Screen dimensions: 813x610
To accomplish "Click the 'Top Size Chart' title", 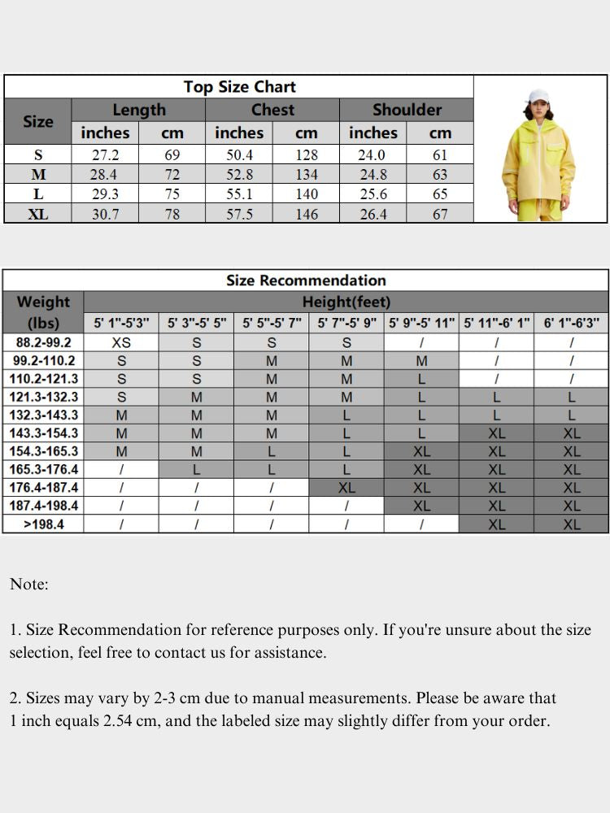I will click(239, 87).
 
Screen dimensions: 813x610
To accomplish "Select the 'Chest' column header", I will click(272, 110).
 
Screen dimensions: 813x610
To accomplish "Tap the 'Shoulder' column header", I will click(407, 110).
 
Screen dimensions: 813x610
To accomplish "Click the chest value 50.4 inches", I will click(239, 154).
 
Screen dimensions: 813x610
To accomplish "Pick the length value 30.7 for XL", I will click(105, 214).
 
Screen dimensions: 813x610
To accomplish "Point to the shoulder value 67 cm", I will click(440, 214).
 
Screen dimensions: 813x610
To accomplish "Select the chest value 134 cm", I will click(306, 174).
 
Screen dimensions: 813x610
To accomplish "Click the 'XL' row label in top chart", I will click(38, 214).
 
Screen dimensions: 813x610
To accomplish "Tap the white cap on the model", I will click(538, 97).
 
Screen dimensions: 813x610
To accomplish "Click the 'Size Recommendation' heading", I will click(306, 280).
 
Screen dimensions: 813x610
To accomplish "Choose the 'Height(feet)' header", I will click(346, 302).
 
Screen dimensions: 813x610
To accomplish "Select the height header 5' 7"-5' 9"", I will click(347, 323).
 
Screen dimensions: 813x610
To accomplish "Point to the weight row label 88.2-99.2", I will click(43, 342).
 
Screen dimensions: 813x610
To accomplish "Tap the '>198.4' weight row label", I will click(43, 524).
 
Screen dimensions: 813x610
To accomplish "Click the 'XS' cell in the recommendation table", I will click(121, 342).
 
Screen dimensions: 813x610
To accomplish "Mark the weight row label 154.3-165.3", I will click(43, 451).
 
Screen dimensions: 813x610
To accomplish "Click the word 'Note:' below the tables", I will click(29, 584).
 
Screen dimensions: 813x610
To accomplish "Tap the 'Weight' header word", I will click(43, 302).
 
